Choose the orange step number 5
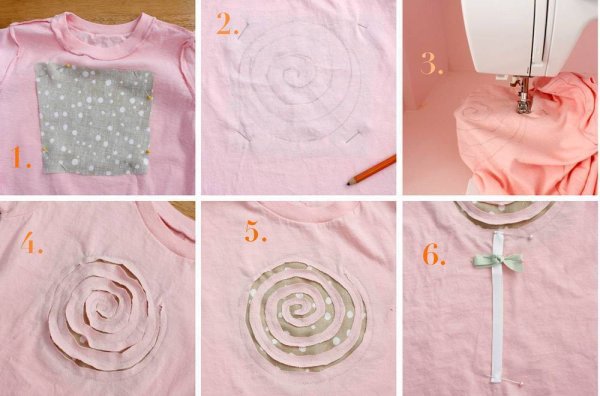(254, 231)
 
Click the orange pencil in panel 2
(371, 170)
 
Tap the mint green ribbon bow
(497, 261)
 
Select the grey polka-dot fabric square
(94, 118)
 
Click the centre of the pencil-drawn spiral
(287, 73)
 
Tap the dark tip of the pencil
(349, 183)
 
